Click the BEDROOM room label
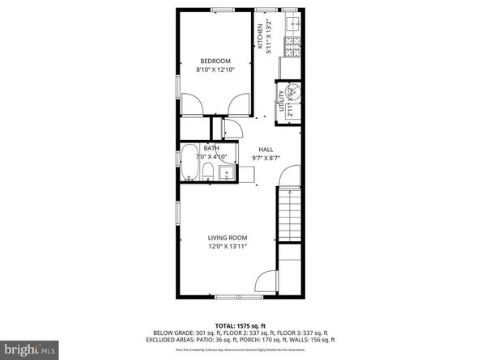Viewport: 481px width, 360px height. pyautogui.click(x=216, y=61)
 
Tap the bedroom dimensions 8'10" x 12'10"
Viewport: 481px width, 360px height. pyautogui.click(x=216, y=70)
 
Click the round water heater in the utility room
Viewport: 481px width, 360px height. pyautogui.click(x=294, y=92)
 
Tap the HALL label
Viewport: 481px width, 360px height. pyautogui.click(x=266, y=150)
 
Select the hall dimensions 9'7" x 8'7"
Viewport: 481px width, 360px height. pyautogui.click(x=266, y=159)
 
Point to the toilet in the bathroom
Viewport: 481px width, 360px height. pyautogui.click(x=208, y=171)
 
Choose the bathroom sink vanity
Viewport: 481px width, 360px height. pyautogui.click(x=227, y=171)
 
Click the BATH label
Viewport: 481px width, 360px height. pyautogui.click(x=211, y=148)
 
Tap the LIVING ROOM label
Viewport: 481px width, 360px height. pyautogui.click(x=228, y=238)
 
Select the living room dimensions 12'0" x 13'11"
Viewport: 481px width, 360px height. pyautogui.click(x=228, y=247)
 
